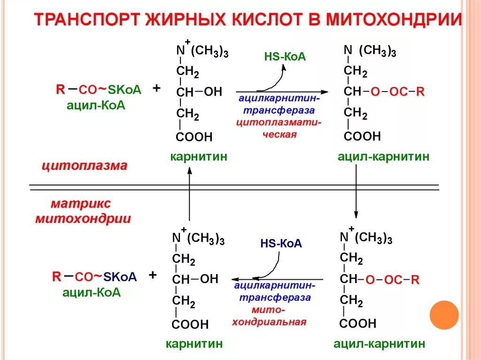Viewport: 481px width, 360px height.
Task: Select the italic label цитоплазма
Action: (x=85, y=166)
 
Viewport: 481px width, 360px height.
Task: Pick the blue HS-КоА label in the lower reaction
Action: (x=281, y=244)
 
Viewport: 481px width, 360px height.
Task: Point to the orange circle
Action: (x=444, y=314)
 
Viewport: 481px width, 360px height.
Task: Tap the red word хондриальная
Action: (x=269, y=322)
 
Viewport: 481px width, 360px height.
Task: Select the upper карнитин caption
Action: (x=199, y=157)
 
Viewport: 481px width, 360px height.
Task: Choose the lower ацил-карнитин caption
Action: (x=380, y=344)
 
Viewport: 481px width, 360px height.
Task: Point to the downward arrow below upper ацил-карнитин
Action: (x=357, y=192)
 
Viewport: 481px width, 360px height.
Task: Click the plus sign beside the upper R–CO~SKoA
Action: (x=157, y=88)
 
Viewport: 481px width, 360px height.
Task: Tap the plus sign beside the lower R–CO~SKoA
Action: (x=153, y=275)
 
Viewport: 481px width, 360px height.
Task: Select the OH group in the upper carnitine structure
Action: (x=213, y=92)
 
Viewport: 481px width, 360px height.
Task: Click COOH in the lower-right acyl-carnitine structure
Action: (x=358, y=323)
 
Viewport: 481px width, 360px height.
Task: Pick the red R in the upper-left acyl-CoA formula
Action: (x=60, y=90)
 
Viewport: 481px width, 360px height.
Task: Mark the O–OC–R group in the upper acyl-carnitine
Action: (x=397, y=92)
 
